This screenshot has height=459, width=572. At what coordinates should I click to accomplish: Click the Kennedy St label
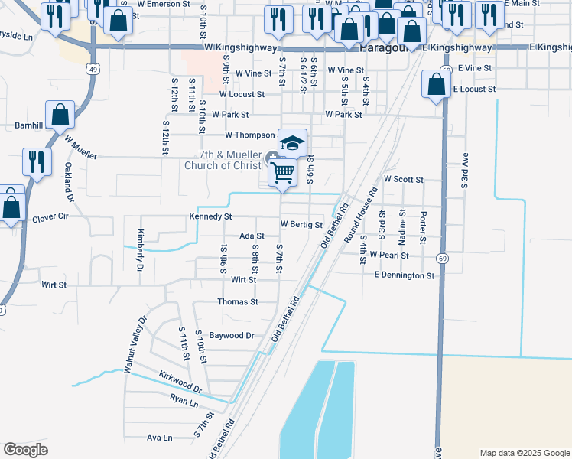pyautogui.click(x=210, y=217)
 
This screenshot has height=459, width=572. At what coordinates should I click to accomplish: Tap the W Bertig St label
pyautogui.click(x=301, y=225)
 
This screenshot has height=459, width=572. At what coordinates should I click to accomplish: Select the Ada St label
pyautogui.click(x=252, y=236)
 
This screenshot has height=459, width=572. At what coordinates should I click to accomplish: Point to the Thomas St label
pyautogui.click(x=237, y=302)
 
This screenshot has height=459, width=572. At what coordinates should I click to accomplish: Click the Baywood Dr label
pyautogui.click(x=231, y=335)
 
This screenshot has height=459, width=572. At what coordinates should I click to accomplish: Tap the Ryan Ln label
pyautogui.click(x=184, y=400)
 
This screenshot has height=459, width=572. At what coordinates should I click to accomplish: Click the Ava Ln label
pyautogui.click(x=159, y=438)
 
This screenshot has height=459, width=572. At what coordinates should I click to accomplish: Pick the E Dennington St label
pyautogui.click(x=404, y=275)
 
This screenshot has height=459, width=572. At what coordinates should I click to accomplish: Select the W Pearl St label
pyautogui.click(x=389, y=254)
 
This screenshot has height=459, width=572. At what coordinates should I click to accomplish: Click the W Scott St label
pyautogui.click(x=404, y=179)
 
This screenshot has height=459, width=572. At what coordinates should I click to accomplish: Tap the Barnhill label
pyautogui.click(x=31, y=125)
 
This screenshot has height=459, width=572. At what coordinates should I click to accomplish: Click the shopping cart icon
pyautogui.click(x=283, y=172)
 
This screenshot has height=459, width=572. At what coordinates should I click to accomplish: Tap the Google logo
pyautogui.click(x=25, y=450)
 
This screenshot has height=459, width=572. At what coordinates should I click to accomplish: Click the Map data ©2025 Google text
pyautogui.click(x=524, y=453)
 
